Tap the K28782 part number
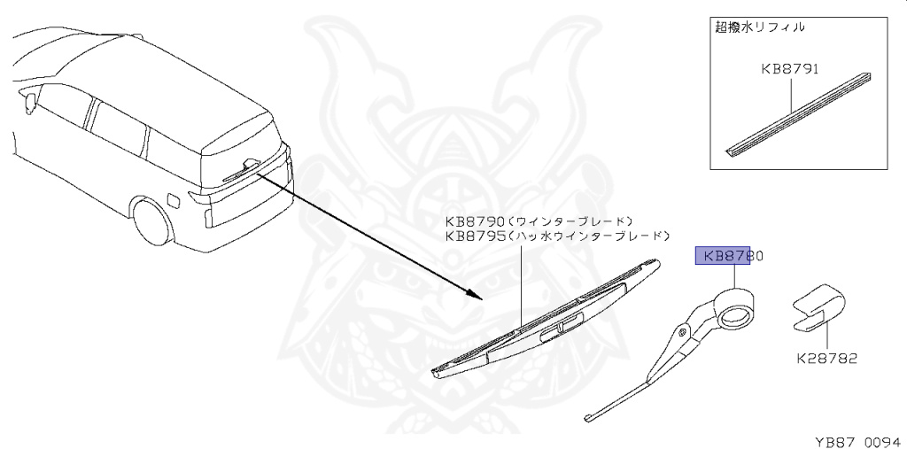[x=826, y=359]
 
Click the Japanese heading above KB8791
[x=759, y=27]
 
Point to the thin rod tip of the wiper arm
[x=592, y=414]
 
